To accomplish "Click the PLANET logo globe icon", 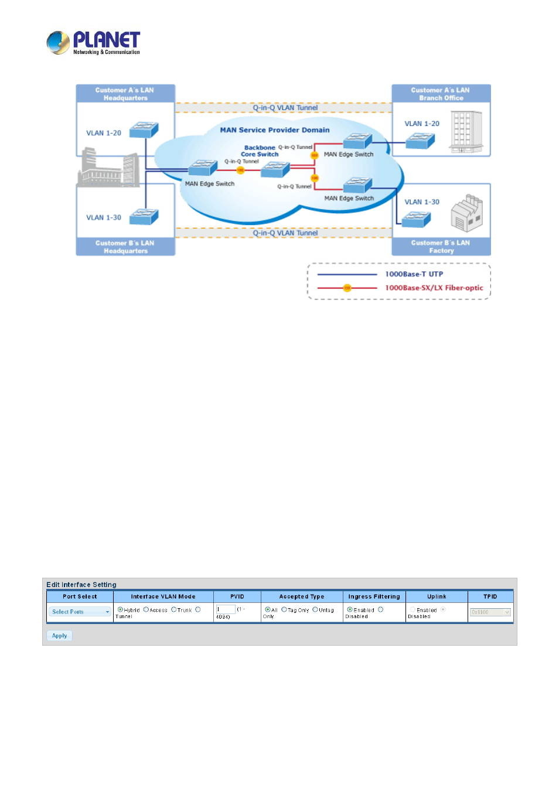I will pos(58,43).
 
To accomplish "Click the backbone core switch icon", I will pos(275,169).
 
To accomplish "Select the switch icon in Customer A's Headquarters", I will pos(144,129).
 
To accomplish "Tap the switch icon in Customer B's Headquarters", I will pos(144,216).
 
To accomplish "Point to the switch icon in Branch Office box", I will pos(420,141).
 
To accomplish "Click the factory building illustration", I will pos(466,213).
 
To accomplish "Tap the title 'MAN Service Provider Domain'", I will pos(275,130).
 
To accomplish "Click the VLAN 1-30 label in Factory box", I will pos(422,202).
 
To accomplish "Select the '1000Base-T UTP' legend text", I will pos(414,274).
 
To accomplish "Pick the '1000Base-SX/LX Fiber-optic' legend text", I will pos(434,288).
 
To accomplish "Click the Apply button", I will pos(59,636).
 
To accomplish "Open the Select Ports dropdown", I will pos(80,612).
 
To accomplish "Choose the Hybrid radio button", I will pos(120,609).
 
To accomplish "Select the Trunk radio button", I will pos(173,609).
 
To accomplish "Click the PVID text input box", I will pos(226,609).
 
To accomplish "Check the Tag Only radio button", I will pos(284,609).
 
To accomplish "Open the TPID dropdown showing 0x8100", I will pos(490,612).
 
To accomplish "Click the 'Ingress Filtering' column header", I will pos(374,596).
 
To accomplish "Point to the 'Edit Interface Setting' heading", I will pos(81,585).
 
